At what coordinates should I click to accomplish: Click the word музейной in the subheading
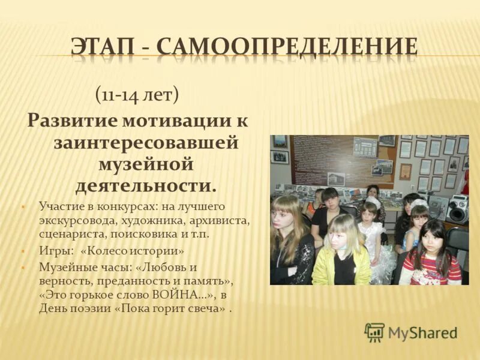[145, 162]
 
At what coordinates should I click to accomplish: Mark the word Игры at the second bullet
[52, 250]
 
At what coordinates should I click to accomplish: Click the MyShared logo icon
[375, 332]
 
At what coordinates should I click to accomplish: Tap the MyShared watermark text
[422, 333]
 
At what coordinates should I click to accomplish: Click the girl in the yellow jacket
[343, 252]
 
